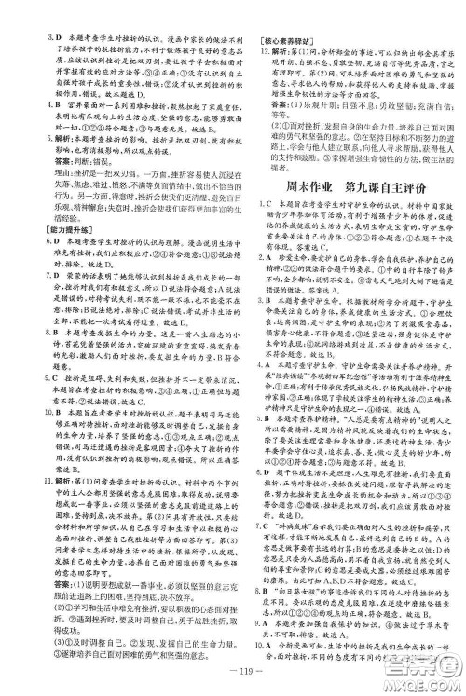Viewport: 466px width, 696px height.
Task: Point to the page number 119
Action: (233, 673)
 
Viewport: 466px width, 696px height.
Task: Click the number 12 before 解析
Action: (255, 54)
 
